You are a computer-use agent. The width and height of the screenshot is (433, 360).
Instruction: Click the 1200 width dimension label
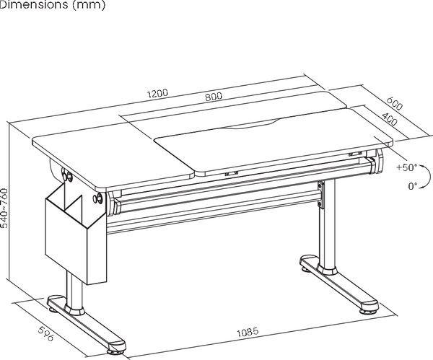tap(157, 93)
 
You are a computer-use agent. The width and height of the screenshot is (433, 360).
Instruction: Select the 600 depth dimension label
tap(394, 103)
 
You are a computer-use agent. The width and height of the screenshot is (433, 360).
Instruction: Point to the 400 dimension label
tap(390, 118)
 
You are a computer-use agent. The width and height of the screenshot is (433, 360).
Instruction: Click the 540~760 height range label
tap(4, 208)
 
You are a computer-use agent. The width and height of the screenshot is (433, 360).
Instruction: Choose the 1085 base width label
tap(248, 332)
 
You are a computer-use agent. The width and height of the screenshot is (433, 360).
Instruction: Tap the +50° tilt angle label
tap(407, 167)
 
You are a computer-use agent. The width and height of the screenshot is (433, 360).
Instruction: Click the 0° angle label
tap(413, 186)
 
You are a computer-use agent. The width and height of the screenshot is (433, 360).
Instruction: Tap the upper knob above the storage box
tap(67, 176)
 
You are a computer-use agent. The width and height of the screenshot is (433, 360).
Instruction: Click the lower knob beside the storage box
tap(99, 199)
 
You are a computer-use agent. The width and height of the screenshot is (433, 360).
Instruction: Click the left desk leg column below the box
tap(74, 291)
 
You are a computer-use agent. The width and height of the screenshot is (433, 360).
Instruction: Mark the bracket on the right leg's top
tap(320, 195)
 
